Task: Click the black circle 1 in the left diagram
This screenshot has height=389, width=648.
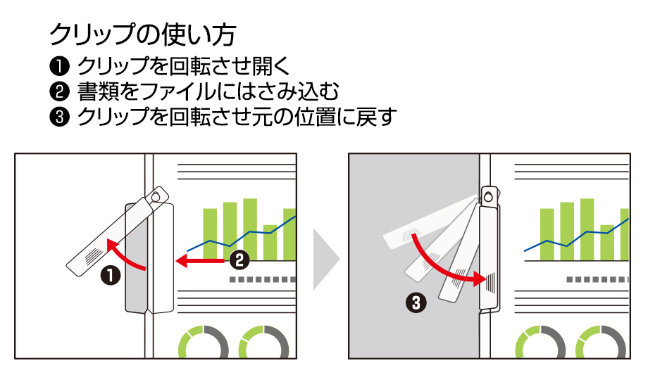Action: [110, 275]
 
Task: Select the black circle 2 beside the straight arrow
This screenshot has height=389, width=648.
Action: [239, 260]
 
